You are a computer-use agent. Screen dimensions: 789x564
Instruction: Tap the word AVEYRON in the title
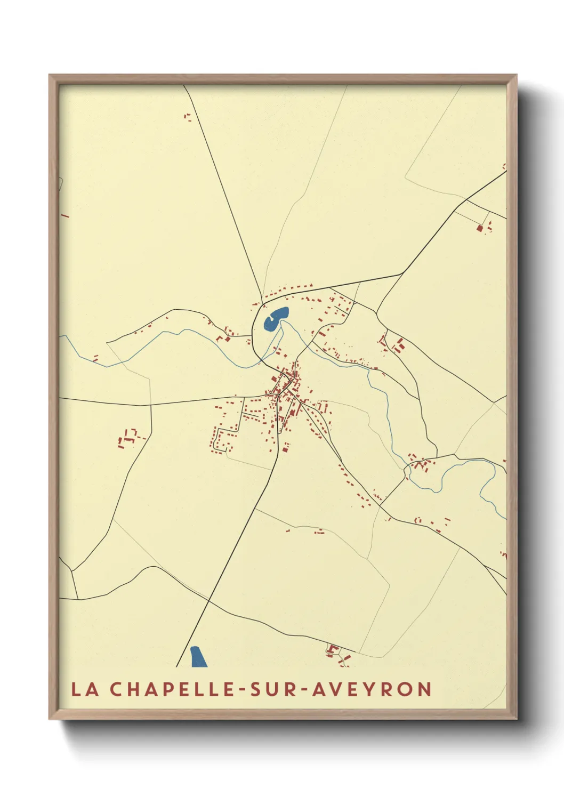tap(372, 689)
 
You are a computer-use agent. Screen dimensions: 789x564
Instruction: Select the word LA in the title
tap(85, 689)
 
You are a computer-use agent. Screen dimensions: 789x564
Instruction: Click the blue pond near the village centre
tap(275, 319)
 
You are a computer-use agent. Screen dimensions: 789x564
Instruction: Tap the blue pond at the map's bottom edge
tap(198, 657)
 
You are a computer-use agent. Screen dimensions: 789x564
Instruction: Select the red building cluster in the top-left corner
tap(187, 117)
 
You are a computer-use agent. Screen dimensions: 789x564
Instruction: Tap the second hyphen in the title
tap(303, 690)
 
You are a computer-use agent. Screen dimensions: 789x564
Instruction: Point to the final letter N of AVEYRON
tap(424, 689)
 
